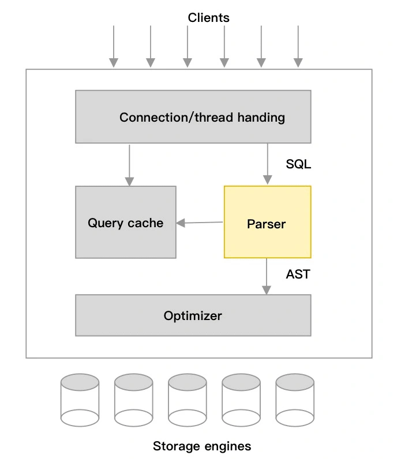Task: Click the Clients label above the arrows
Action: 208,18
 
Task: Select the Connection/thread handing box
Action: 193,116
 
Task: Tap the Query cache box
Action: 125,222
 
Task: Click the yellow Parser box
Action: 267,222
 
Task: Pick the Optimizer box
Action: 193,315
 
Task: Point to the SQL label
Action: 298,164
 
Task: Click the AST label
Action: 298,274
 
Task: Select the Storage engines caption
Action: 202,446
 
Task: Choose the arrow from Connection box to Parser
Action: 267,164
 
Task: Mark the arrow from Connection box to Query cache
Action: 129,164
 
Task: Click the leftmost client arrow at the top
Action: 114,46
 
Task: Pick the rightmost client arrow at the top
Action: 298,46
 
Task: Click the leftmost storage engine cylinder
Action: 80,400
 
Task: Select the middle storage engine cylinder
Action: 187,400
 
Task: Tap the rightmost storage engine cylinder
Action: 294,400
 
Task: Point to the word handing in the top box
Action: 263,117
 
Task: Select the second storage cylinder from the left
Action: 133,400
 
